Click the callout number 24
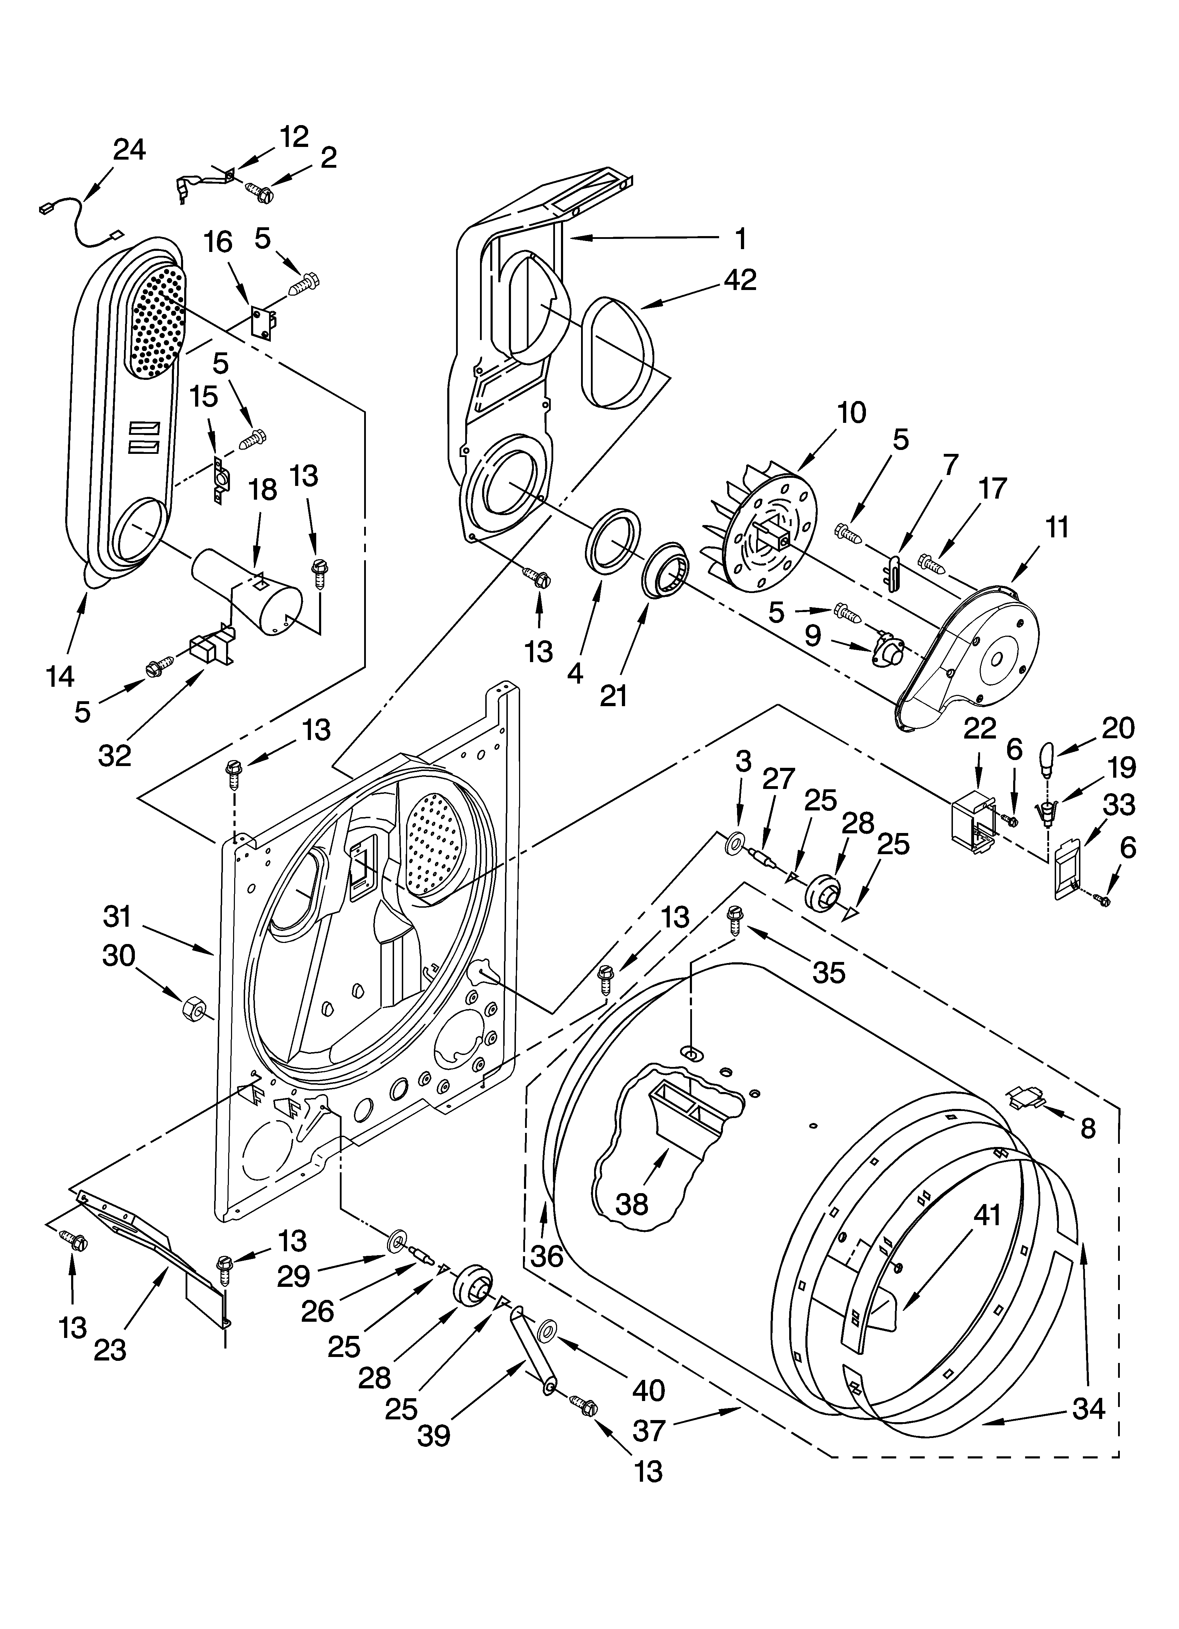pos(129,150)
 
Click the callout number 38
pos(632,1204)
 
